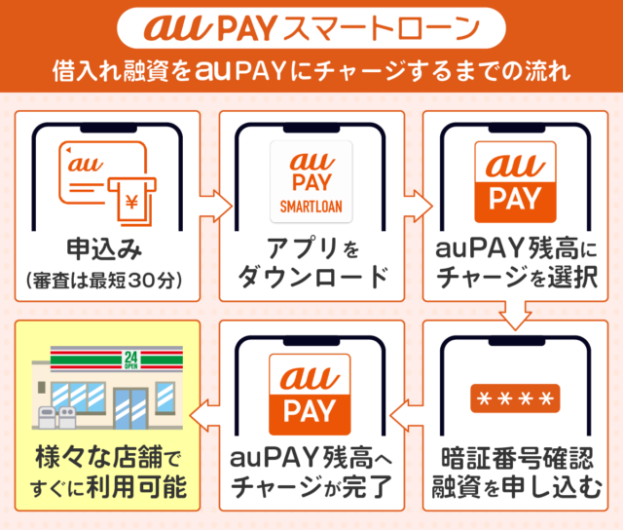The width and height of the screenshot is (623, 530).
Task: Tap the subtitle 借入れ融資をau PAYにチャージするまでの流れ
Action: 311,70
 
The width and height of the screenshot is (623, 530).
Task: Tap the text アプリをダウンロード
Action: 311,262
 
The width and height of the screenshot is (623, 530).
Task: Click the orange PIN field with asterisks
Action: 515,398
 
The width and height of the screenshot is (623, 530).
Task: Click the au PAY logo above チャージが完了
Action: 311,389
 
